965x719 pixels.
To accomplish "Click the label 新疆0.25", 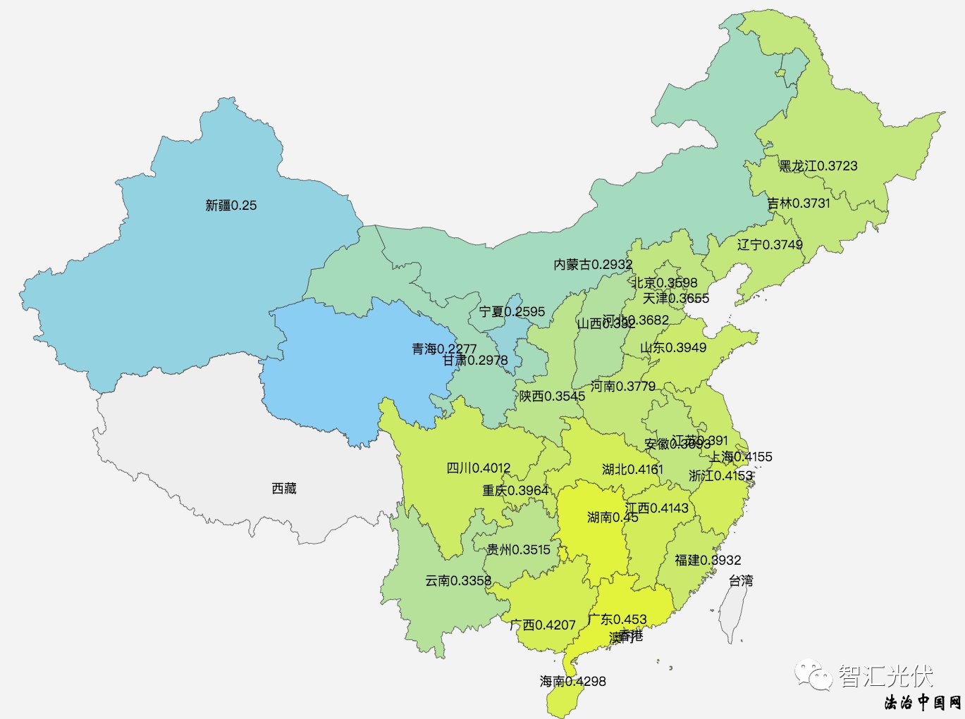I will tap(231, 206).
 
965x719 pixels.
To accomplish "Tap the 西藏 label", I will tap(284, 488).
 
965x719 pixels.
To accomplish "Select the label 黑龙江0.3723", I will tap(818, 166).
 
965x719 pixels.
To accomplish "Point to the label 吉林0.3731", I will tap(799, 204).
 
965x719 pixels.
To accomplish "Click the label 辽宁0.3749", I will tap(770, 244).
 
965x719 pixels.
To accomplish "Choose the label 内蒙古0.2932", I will tap(593, 265).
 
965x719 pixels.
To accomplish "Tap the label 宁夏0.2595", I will tap(512, 312).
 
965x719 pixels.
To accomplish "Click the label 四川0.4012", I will tap(479, 468).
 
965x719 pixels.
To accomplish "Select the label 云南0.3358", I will tap(458, 581).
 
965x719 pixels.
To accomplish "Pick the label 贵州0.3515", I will tap(518, 549).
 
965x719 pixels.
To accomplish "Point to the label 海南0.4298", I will tap(572, 681).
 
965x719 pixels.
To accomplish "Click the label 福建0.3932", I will tap(708, 560).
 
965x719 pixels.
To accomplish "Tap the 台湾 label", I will tap(741, 581).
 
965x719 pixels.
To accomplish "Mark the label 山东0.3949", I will tap(673, 348).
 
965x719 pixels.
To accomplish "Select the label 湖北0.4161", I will tap(632, 470).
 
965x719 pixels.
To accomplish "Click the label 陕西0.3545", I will tap(552, 396).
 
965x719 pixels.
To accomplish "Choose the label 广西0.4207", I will tap(543, 625).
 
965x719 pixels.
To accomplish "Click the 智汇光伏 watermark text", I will tap(885, 676).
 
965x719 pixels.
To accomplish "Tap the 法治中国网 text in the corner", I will tap(923, 702).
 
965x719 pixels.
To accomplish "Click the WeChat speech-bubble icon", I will tap(813, 676).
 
